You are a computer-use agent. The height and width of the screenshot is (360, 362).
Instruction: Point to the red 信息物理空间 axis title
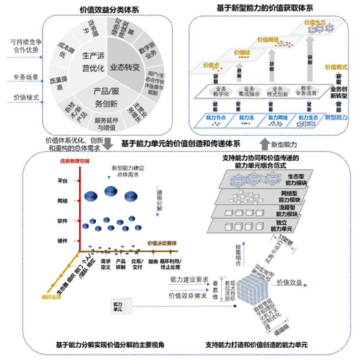click(75, 161)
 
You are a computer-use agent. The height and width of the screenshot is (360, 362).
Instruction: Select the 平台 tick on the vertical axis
click(63, 180)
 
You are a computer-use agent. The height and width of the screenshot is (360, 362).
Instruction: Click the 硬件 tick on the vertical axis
click(63, 240)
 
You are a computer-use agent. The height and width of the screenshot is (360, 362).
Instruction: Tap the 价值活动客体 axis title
click(162, 244)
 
